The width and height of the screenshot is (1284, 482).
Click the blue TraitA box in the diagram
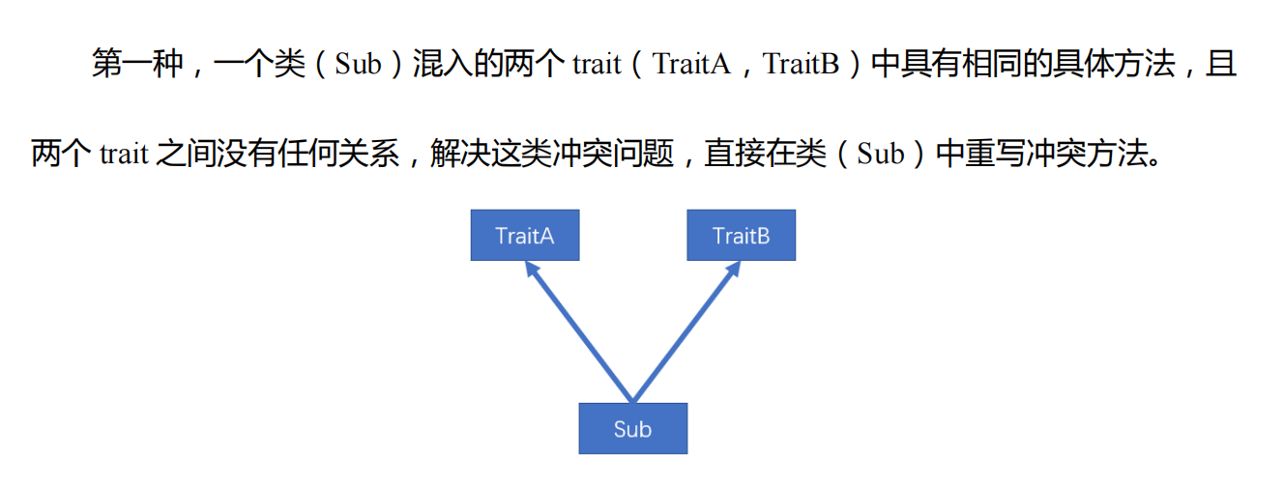click(x=525, y=236)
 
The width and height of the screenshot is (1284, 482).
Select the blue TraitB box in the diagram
click(x=741, y=236)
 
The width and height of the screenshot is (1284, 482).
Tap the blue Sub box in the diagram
click(x=632, y=429)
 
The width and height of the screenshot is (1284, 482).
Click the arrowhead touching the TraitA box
click(x=531, y=269)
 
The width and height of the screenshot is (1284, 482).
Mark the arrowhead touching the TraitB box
click(x=734, y=269)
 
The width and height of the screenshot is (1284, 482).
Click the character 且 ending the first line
click(x=1222, y=65)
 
